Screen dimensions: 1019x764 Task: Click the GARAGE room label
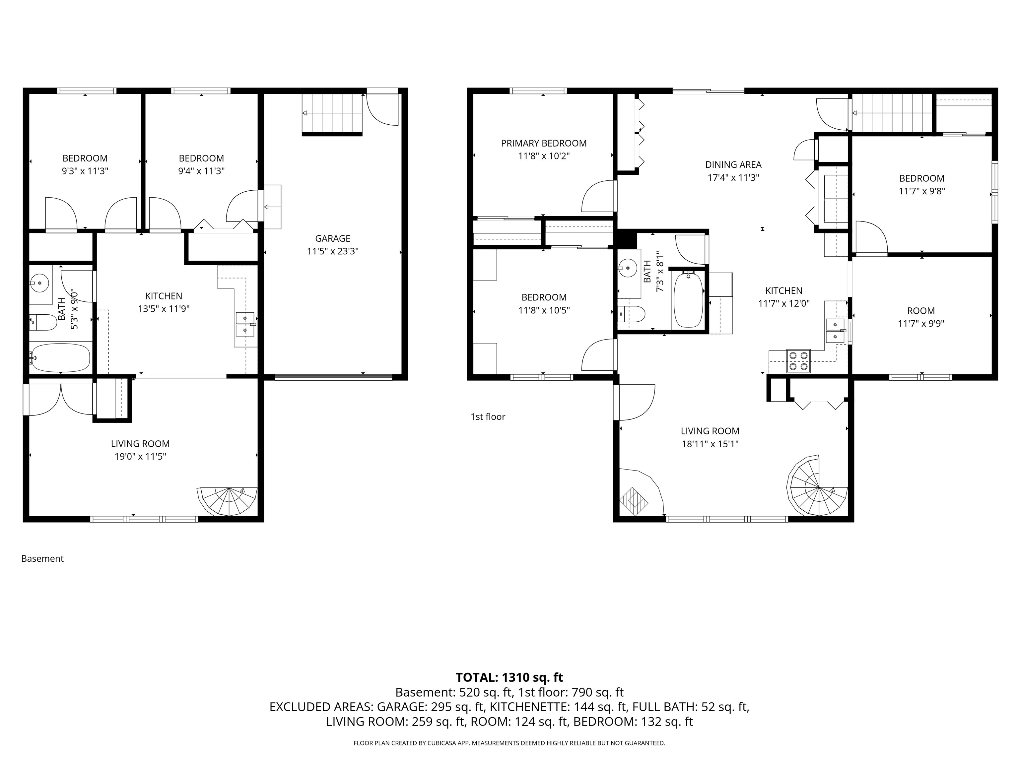tap(333, 238)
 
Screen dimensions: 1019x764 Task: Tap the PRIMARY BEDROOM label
tap(544, 143)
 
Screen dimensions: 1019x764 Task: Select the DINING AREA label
tap(733, 165)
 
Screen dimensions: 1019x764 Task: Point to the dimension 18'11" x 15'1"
tap(710, 444)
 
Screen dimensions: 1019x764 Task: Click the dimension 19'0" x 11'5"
tap(140, 456)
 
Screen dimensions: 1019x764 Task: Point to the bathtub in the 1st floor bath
tap(688, 300)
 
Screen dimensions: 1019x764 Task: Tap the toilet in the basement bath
tap(43, 322)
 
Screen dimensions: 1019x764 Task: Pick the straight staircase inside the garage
tap(332, 113)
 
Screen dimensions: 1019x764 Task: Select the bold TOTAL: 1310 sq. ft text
tap(509, 677)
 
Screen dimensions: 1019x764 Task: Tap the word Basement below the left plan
tap(42, 559)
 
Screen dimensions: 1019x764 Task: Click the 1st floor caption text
tap(488, 417)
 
